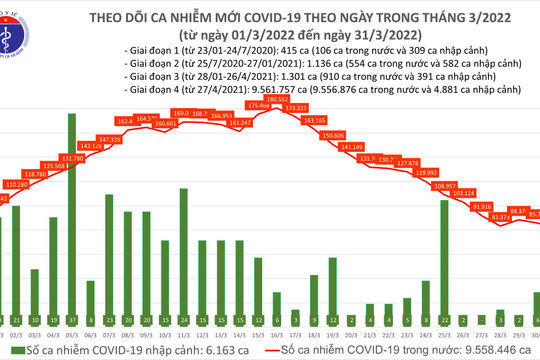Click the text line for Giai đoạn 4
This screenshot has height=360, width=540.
tap(320, 90)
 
